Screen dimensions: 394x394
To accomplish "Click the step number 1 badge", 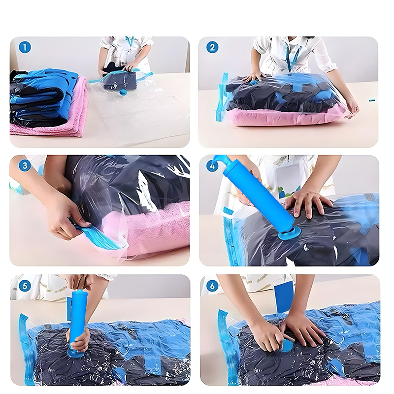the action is [25, 47].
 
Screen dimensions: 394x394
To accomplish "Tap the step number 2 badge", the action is [212, 47].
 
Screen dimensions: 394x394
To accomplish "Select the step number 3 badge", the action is [25, 165].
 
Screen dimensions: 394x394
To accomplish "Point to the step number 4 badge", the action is [212, 166].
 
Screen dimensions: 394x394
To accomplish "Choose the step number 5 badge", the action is [25, 286].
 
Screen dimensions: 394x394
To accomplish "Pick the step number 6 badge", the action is [212, 286].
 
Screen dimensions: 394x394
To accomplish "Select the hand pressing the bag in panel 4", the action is [307, 201].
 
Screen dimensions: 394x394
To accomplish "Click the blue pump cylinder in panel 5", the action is [78, 319].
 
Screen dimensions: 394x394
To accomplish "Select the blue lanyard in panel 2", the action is [292, 57].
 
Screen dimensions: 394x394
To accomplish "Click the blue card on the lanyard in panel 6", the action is [284, 297].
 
